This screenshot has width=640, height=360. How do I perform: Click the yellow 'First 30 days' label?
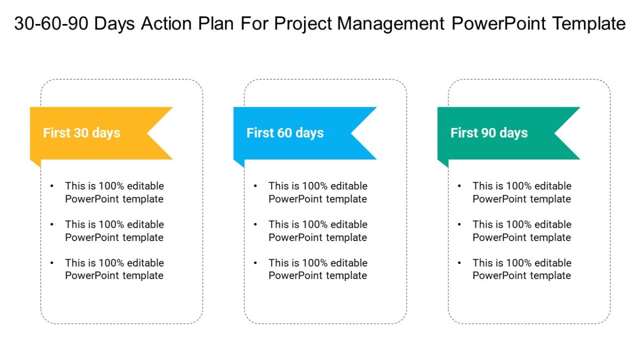coord(82,133)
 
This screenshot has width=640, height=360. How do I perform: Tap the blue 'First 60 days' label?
coord(285,133)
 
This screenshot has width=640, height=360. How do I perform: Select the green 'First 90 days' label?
coord(489,133)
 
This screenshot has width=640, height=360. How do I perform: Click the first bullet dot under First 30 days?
coord(52,186)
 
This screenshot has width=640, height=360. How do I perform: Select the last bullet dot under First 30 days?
coord(52,263)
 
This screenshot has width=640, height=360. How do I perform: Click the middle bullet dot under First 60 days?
coord(255,225)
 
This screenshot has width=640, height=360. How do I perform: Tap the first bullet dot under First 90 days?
coord(459,186)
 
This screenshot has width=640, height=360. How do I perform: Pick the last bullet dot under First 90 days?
coord(459,263)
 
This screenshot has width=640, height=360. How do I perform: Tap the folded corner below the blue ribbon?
coord(238,163)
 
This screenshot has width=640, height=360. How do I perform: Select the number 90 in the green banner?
coord(489,133)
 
